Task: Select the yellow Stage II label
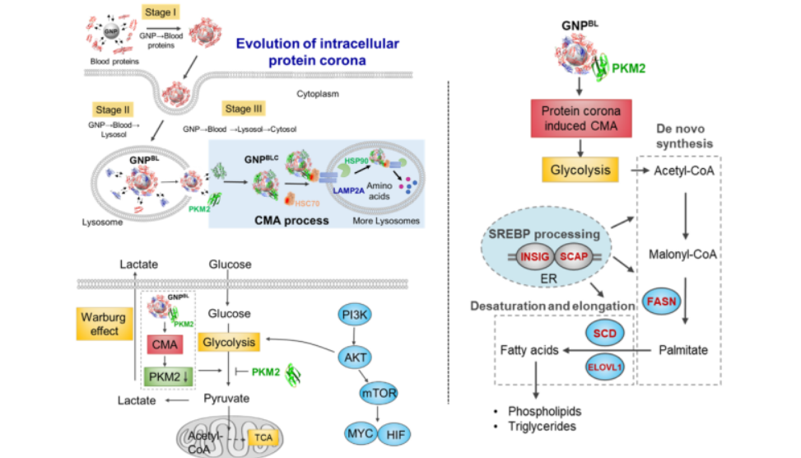tap(114, 109)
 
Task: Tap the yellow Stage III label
tap(244, 109)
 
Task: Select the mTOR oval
tap(377, 394)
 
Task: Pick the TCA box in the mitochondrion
tap(264, 437)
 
